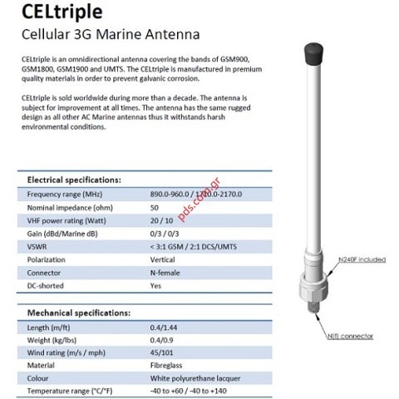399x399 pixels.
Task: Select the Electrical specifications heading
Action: pyautogui.click(x=75, y=180)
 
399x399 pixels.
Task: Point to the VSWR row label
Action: pyautogui.click(x=38, y=245)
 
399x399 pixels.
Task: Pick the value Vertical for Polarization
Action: pyautogui.click(x=164, y=259)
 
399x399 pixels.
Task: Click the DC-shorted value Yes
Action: pyautogui.click(x=155, y=285)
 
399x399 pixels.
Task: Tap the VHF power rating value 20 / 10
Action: pyautogui.click(x=162, y=219)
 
